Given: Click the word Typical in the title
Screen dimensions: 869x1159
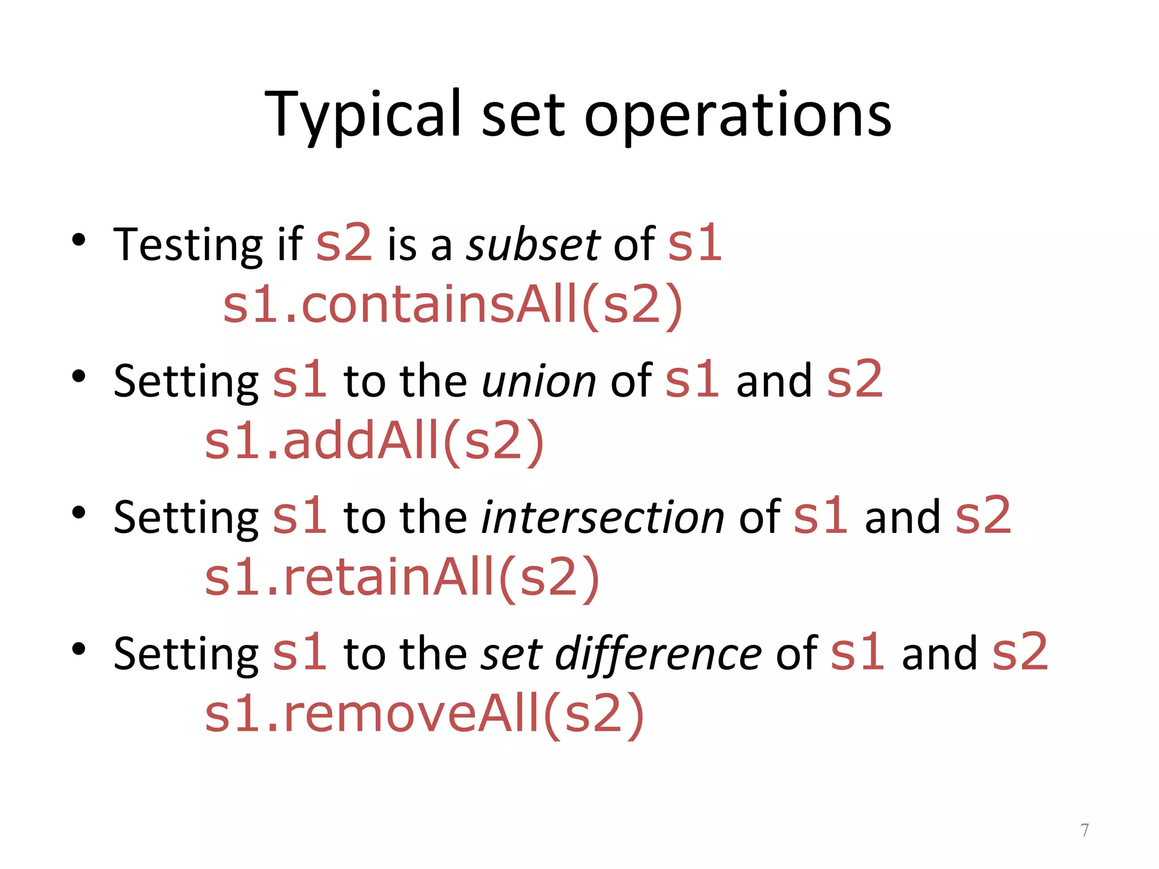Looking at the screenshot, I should [363, 115].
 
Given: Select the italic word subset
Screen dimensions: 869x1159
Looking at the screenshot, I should [533, 245].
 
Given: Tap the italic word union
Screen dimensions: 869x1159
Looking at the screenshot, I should [538, 381].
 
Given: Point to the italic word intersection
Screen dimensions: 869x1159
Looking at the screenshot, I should [602, 517].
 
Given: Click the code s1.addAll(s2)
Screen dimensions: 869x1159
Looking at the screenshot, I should [374, 441].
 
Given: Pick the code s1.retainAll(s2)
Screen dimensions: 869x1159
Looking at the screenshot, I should [402, 577].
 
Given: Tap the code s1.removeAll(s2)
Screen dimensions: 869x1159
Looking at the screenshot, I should [424, 713].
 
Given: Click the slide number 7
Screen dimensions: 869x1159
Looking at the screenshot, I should [1084, 830].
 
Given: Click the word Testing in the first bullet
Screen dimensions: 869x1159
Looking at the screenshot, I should [187, 245].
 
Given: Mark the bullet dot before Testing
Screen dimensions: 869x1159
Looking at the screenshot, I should [79, 240].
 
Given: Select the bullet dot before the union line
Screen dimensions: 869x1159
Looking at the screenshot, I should [79, 376].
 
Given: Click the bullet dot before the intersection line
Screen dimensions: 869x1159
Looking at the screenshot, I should [79, 513].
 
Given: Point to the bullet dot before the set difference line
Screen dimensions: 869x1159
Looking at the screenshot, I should [79, 649].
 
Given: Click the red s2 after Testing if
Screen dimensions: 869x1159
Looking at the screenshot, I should [344, 243].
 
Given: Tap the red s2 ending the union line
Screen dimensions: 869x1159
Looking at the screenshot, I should [855, 380].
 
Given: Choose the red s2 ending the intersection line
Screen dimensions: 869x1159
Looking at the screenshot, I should [983, 516].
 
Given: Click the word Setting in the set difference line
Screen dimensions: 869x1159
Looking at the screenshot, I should [186, 654].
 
